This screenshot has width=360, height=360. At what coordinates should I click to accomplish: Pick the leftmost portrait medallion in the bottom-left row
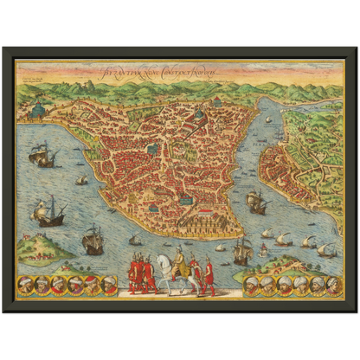point(26,284)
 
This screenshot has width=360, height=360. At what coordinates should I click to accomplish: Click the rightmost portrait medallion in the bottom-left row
point(109,284)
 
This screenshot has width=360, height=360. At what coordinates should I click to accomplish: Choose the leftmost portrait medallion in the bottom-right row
point(251,284)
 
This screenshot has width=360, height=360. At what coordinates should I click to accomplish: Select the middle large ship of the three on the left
point(50,210)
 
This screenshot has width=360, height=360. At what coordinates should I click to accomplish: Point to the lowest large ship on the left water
point(93,238)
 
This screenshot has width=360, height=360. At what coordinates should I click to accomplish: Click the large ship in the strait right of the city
point(256,202)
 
